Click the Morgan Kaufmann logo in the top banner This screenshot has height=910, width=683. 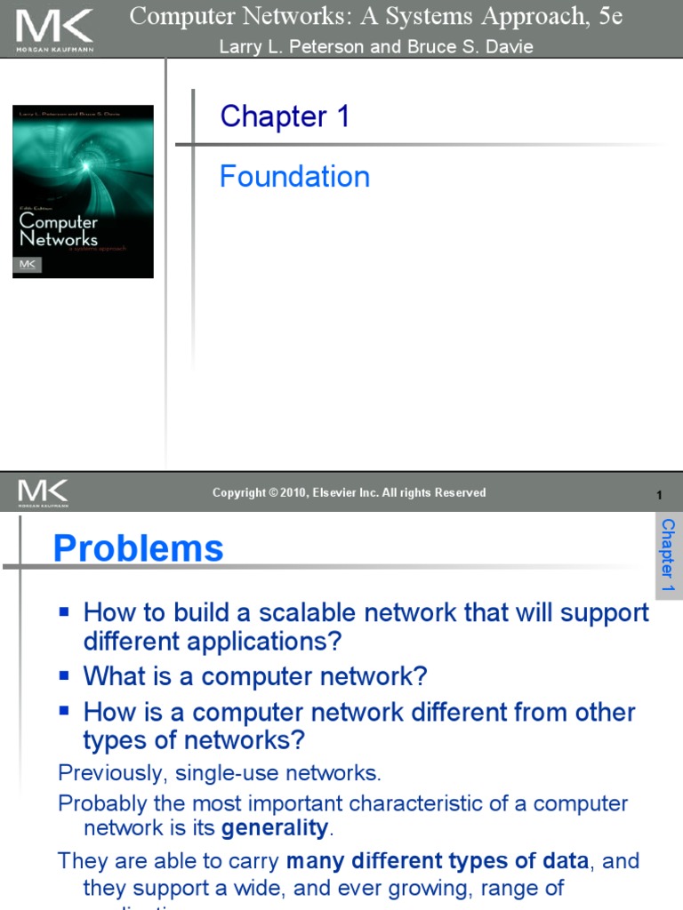(54, 28)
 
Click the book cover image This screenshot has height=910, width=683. (83, 191)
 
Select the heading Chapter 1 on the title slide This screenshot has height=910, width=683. (285, 116)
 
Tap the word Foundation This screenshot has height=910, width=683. (294, 176)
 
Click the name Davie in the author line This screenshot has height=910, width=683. (508, 47)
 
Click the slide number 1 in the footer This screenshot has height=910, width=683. (659, 495)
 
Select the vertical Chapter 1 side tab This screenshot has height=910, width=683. (667, 555)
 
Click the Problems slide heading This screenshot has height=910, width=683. (138, 547)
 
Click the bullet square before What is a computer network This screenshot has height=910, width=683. (64, 675)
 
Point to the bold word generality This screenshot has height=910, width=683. (275, 828)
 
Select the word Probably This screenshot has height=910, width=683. (100, 803)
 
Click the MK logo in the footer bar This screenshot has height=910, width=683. (42, 492)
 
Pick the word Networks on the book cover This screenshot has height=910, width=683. (59, 239)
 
